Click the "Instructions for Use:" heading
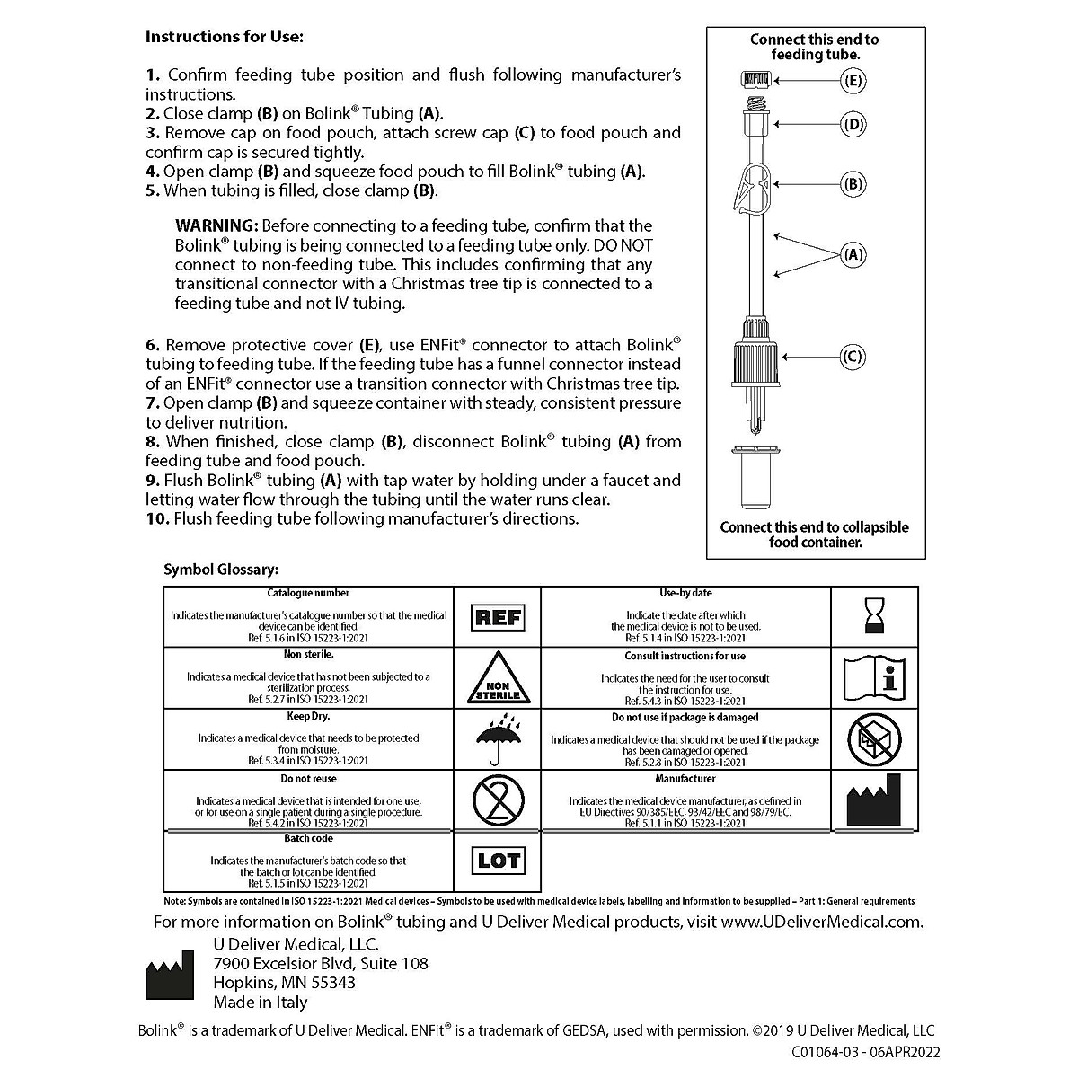click(225, 37)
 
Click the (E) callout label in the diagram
click(853, 81)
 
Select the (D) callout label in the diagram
click(853, 124)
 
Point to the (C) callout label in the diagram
click(853, 357)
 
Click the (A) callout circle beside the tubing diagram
click(853, 254)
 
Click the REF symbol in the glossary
click(498, 617)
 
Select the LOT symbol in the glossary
click(498, 861)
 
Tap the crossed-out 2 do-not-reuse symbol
click(498, 800)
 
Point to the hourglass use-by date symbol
click(874, 616)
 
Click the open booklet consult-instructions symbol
click(874, 678)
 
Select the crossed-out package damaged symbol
click(874, 739)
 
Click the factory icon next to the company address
click(170, 974)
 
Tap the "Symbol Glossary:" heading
click(221, 570)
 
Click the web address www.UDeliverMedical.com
click(822, 922)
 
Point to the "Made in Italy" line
click(261, 1003)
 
